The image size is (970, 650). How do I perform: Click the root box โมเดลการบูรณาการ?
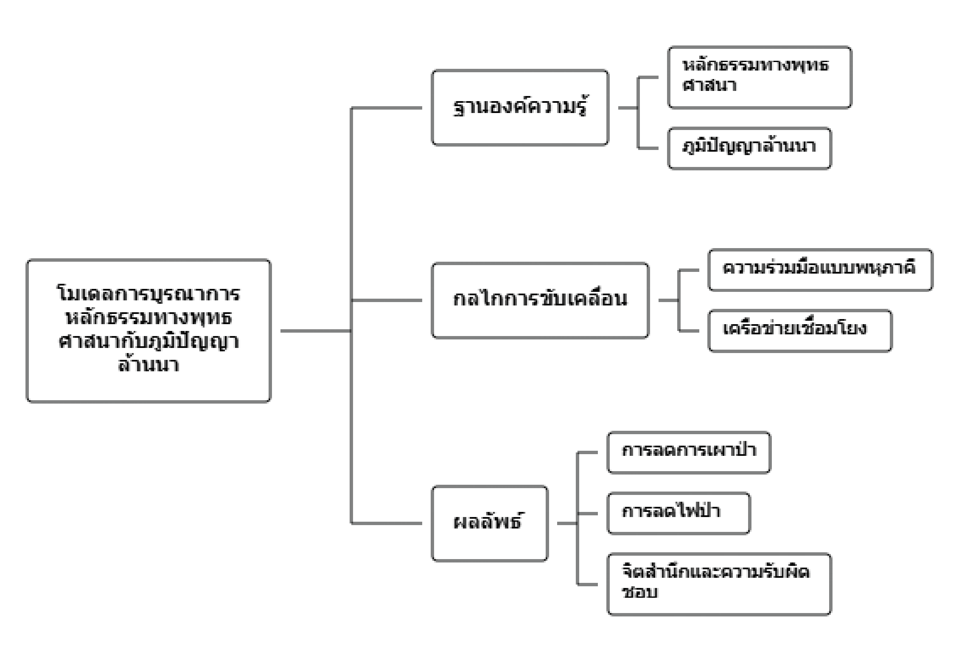click(149, 331)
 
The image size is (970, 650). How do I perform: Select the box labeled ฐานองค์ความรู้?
click(520, 107)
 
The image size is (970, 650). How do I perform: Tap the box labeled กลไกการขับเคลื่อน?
click(540, 300)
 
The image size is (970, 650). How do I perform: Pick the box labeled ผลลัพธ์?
click(489, 523)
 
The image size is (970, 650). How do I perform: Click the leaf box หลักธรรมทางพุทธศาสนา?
click(760, 77)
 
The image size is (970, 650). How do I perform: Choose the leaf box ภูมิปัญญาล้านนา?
click(749, 148)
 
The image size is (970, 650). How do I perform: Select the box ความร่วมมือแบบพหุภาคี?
click(820, 269)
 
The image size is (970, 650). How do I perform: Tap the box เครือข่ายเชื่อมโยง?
click(799, 331)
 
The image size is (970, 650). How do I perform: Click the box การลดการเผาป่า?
click(689, 452)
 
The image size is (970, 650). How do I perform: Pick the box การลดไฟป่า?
click(678, 513)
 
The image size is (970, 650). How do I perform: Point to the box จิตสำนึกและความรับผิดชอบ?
click(719, 584)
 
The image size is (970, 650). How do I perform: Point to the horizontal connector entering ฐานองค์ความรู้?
click(386, 108)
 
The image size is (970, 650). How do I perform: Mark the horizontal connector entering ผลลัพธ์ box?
click(386, 523)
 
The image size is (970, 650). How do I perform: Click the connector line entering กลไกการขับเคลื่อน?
click(386, 300)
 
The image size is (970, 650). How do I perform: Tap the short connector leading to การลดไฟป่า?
click(588, 513)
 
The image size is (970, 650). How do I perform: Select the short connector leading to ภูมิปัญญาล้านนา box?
click(648, 148)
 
